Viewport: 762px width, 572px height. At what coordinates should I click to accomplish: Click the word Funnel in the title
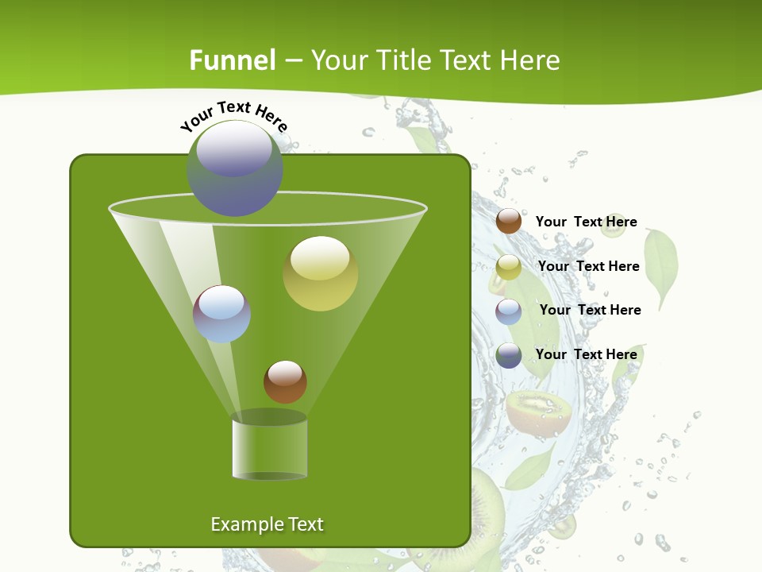(x=232, y=60)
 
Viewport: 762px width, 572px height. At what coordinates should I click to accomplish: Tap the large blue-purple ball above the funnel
(x=234, y=168)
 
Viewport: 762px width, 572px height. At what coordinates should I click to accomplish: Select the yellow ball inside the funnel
(x=320, y=273)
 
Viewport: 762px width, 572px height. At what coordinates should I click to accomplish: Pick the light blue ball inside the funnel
(x=221, y=314)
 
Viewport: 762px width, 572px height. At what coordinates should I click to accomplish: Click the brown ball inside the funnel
(x=285, y=381)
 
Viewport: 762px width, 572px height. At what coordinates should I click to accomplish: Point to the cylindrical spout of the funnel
(x=269, y=448)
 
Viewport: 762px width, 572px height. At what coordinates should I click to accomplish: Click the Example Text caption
(x=267, y=524)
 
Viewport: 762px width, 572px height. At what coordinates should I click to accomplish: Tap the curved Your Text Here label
(x=234, y=116)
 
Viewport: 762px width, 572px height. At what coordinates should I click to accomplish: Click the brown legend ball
(x=509, y=222)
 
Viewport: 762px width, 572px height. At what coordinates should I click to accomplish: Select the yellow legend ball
(x=509, y=267)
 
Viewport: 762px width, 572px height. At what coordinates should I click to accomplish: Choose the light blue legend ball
(x=509, y=311)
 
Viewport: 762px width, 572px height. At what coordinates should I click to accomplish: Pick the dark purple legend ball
(x=509, y=355)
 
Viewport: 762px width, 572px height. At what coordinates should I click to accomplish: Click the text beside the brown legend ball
(x=586, y=222)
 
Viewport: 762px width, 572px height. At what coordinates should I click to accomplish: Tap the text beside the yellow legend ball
(x=588, y=266)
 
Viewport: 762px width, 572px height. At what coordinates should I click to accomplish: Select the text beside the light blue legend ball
(x=590, y=310)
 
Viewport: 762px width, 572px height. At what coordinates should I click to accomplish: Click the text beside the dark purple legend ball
(x=586, y=354)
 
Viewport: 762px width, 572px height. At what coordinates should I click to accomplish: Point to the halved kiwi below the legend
(x=539, y=412)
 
